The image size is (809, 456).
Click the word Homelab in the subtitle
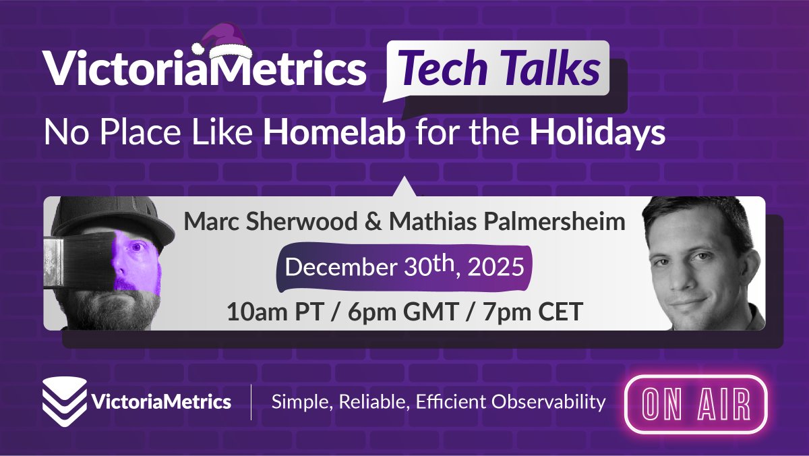(334, 134)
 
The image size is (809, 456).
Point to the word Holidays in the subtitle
(597, 134)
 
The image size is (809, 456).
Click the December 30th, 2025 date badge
(404, 267)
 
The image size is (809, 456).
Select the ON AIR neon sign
(696, 403)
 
